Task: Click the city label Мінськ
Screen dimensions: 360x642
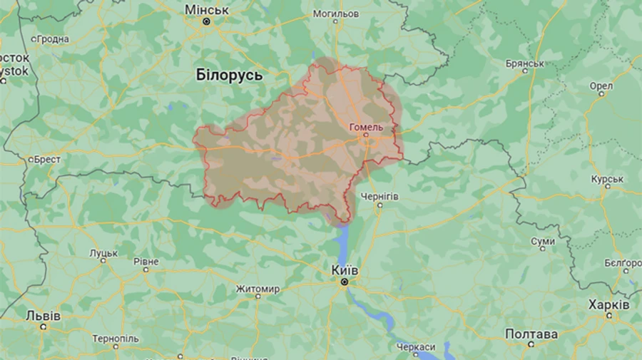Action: pyautogui.click(x=206, y=10)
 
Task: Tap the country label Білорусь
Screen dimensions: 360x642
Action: pyautogui.click(x=229, y=74)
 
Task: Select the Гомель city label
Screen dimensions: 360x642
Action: pyautogui.click(x=366, y=127)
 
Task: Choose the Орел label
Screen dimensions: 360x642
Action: pyautogui.click(x=601, y=86)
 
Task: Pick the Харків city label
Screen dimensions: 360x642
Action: pyautogui.click(x=608, y=304)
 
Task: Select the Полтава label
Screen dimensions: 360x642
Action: pyautogui.click(x=531, y=334)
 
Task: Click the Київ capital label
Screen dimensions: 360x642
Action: pyautogui.click(x=345, y=270)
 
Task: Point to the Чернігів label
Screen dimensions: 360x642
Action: pyautogui.click(x=379, y=196)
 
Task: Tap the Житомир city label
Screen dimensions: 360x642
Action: pyautogui.click(x=258, y=289)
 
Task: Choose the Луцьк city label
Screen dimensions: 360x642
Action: pyautogui.click(x=103, y=252)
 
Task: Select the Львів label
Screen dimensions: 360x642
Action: pyautogui.click(x=43, y=315)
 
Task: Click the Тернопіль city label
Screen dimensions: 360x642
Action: pyautogui.click(x=116, y=337)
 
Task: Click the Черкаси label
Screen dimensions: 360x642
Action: pyautogui.click(x=416, y=346)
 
